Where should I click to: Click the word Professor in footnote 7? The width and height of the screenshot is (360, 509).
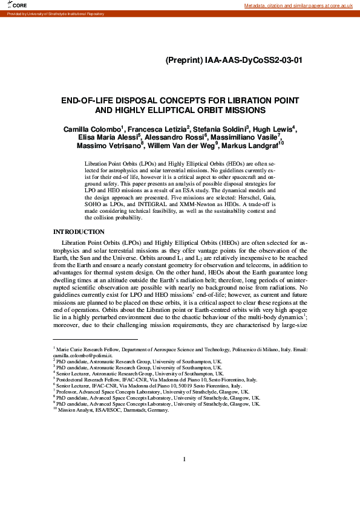pos(68,391)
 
